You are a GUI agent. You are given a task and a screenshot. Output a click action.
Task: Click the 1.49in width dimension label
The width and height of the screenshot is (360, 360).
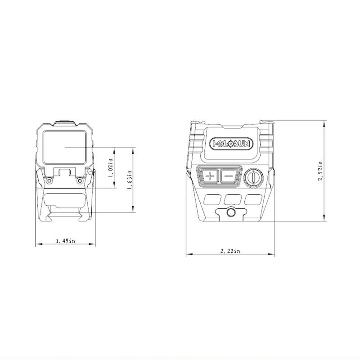pyautogui.click(x=66, y=241)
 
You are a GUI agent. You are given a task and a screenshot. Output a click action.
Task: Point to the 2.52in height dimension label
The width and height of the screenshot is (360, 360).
pyautogui.click(x=320, y=171)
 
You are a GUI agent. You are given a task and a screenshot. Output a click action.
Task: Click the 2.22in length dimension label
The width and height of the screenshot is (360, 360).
pyautogui.click(x=230, y=251)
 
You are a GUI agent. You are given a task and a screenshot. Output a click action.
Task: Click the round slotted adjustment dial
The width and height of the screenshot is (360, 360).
pyautogui.click(x=252, y=176)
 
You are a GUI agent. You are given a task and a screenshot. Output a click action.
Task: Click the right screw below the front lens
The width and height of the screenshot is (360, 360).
pyautogui.click(x=80, y=180)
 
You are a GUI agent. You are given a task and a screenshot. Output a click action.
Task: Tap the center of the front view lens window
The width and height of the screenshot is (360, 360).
pyautogui.click(x=65, y=147)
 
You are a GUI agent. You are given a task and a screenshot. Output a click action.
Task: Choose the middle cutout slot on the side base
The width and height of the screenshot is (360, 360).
pyautogui.click(x=232, y=198)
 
